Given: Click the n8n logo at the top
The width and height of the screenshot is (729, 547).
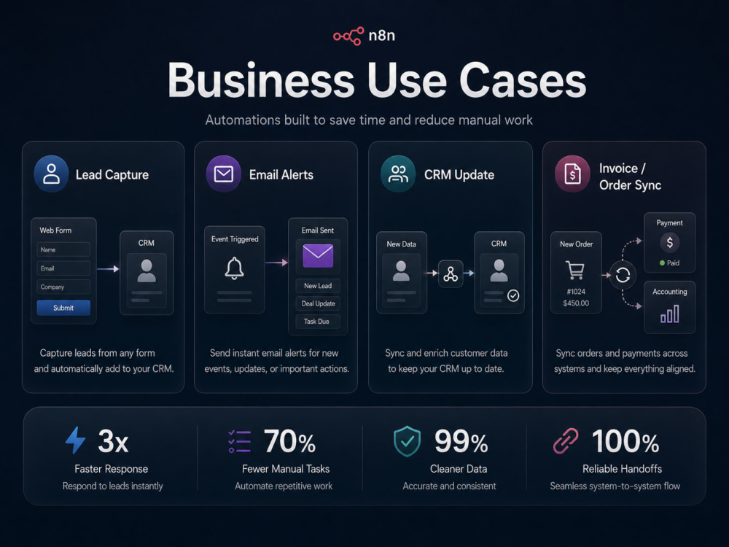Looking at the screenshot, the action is click(364, 36).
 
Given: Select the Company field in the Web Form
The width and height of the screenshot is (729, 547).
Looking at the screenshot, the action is click(63, 287).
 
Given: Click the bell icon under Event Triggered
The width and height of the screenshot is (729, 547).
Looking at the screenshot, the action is click(234, 268).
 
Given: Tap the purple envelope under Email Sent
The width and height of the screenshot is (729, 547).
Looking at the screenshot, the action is click(318, 256).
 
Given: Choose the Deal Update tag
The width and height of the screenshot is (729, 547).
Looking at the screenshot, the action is click(318, 303).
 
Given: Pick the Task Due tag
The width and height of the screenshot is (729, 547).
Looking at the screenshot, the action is click(318, 322).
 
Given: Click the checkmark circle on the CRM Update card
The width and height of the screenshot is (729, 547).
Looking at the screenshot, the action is click(513, 296).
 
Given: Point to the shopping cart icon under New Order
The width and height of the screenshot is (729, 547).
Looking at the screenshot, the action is click(575, 270).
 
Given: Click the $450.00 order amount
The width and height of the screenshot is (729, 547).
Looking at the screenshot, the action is click(576, 303).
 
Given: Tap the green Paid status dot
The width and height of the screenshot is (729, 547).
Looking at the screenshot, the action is click(662, 263).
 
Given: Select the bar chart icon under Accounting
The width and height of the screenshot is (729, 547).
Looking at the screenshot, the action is click(670, 314).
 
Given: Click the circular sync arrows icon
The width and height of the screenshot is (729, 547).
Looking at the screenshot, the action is click(623, 276).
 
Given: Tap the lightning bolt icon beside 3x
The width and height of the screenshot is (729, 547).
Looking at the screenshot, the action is click(75, 440).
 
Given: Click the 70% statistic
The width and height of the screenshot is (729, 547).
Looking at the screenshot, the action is click(289, 441).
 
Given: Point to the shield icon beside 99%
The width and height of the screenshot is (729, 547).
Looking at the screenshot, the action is click(408, 441).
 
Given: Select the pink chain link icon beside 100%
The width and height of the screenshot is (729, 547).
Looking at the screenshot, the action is click(566, 441).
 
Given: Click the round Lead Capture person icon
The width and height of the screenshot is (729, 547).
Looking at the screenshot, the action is click(51, 174).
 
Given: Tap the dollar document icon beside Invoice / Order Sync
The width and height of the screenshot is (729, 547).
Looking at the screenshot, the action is click(572, 174).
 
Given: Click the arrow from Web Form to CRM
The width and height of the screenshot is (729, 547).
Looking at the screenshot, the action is click(108, 269).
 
